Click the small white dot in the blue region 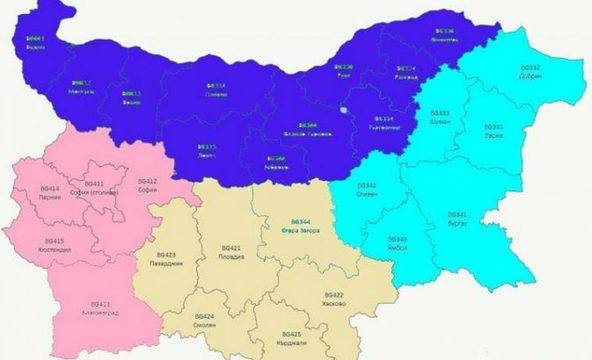click(x=343, y=111)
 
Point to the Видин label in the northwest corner click(x=36, y=42)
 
